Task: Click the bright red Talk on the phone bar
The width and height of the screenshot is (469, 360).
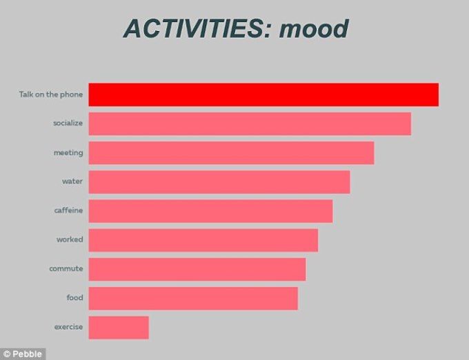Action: (263, 94)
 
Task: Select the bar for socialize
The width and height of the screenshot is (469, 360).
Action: (250, 123)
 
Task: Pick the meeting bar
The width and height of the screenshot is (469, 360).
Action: (231, 153)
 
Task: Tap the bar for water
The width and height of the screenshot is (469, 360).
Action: (219, 182)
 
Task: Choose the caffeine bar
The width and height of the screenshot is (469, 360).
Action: (210, 211)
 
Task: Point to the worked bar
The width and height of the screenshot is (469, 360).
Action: (203, 240)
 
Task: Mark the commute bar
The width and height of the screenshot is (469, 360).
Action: (197, 269)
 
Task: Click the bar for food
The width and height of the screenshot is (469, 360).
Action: (193, 298)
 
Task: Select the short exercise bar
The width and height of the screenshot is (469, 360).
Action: (119, 328)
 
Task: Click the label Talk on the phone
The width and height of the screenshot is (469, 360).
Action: (51, 94)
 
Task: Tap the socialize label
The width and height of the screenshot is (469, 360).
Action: (68, 123)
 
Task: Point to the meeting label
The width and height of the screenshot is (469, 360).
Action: (68, 153)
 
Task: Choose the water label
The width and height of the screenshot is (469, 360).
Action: (72, 181)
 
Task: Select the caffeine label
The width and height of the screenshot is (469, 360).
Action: (68, 210)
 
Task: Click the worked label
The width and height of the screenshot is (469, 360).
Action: (70, 239)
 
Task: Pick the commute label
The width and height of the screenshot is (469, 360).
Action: (66, 268)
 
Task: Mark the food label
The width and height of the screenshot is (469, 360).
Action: (74, 297)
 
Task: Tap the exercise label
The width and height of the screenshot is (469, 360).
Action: (68, 327)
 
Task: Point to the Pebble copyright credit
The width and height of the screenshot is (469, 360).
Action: (23, 354)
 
